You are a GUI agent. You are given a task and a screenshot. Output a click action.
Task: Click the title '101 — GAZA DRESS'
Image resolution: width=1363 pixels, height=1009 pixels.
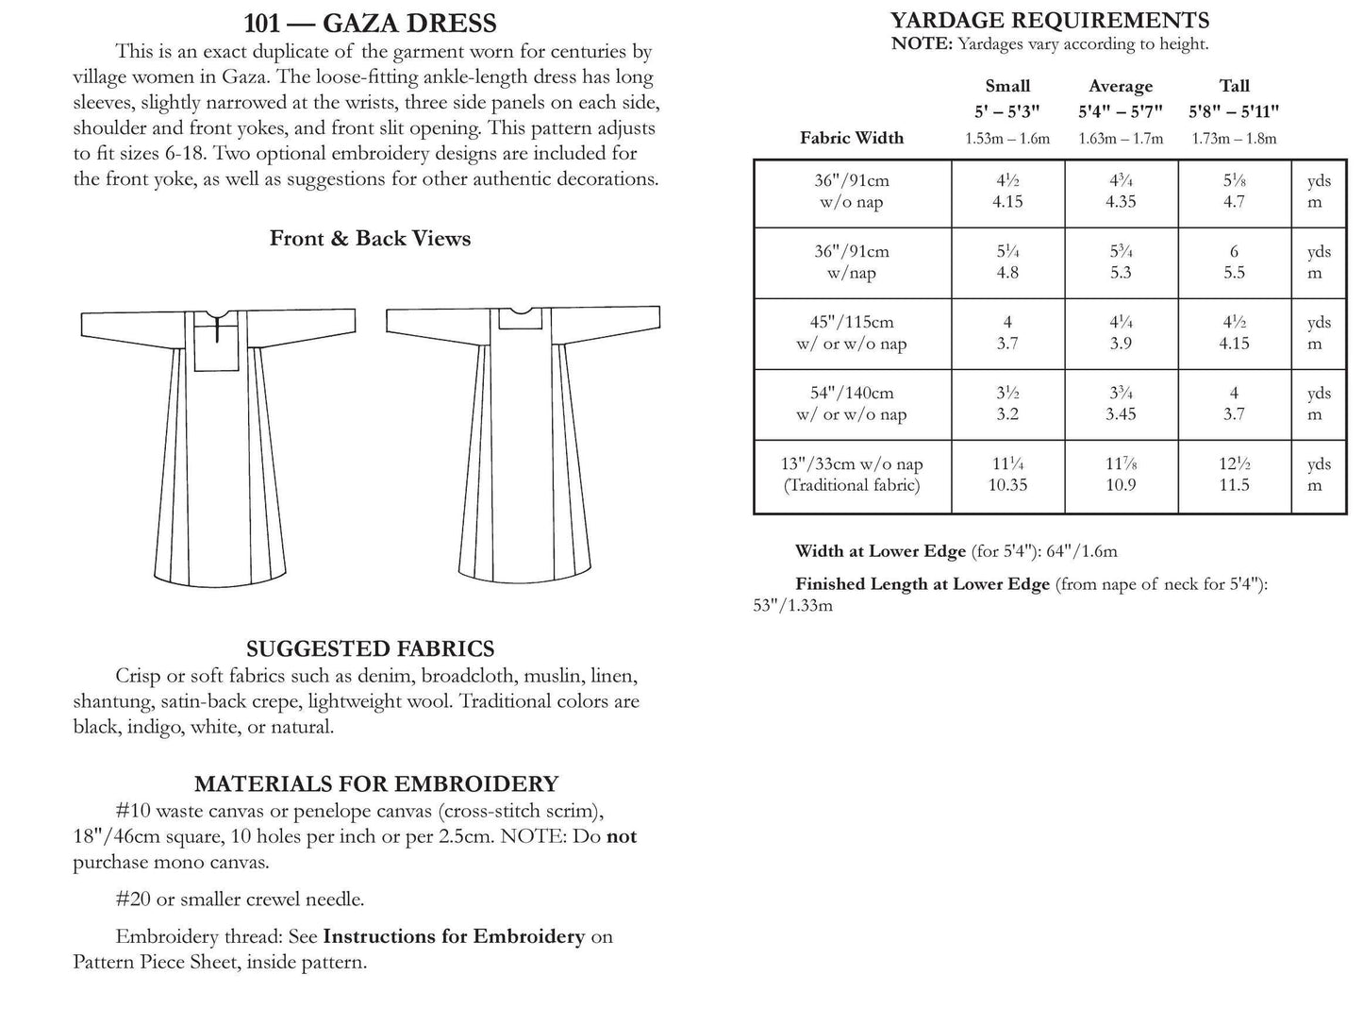[x=370, y=23]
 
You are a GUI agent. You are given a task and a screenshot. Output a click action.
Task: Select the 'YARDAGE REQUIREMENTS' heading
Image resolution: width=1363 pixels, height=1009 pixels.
[x=1050, y=20]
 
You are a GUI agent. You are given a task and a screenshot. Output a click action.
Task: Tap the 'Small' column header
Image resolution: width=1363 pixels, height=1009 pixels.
[x=1007, y=86]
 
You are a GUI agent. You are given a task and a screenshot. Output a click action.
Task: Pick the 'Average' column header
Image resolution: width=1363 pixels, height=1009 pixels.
[x=1121, y=86]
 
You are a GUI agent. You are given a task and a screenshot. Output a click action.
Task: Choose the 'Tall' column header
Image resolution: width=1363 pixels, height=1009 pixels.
[x=1234, y=86]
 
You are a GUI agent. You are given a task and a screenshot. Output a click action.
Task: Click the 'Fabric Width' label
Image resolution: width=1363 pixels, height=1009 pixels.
[x=851, y=138]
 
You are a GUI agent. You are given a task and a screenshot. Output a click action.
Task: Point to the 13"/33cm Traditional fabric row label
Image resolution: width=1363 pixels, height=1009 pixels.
[x=852, y=475]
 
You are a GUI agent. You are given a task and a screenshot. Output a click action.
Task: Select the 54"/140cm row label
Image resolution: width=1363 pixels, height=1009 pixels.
[x=852, y=404]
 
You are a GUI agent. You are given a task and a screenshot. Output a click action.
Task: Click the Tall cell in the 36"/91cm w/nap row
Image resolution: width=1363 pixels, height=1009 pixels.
[x=1234, y=262]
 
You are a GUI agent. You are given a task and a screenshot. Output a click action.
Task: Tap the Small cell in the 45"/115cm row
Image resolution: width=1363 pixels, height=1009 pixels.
[x=1007, y=333]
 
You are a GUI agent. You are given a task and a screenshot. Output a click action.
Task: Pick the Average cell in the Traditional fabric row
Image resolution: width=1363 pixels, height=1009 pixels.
[x=1121, y=475]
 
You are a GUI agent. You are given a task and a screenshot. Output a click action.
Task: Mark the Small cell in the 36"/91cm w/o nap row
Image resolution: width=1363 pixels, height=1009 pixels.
[x=1007, y=192]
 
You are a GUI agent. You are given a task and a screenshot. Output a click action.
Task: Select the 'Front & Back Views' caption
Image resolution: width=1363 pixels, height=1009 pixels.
[x=370, y=239]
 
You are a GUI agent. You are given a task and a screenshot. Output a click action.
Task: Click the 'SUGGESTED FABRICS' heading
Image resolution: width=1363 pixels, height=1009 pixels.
[x=370, y=648]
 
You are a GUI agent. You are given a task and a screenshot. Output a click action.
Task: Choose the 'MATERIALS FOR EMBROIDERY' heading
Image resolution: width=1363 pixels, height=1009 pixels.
[x=375, y=783]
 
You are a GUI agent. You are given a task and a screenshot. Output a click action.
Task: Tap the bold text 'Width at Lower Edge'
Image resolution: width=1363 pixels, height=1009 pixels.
[x=880, y=551]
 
